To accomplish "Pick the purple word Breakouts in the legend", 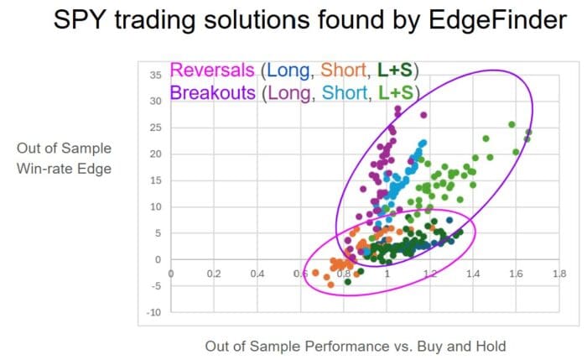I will click(212, 93).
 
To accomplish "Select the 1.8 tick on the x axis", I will click(558, 274).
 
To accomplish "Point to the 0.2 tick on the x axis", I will click(214, 274).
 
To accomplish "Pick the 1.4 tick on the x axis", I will click(472, 274).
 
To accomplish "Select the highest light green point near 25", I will click(512, 124).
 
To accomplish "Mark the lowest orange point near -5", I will click(330, 284).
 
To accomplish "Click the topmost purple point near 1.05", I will click(397, 108).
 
